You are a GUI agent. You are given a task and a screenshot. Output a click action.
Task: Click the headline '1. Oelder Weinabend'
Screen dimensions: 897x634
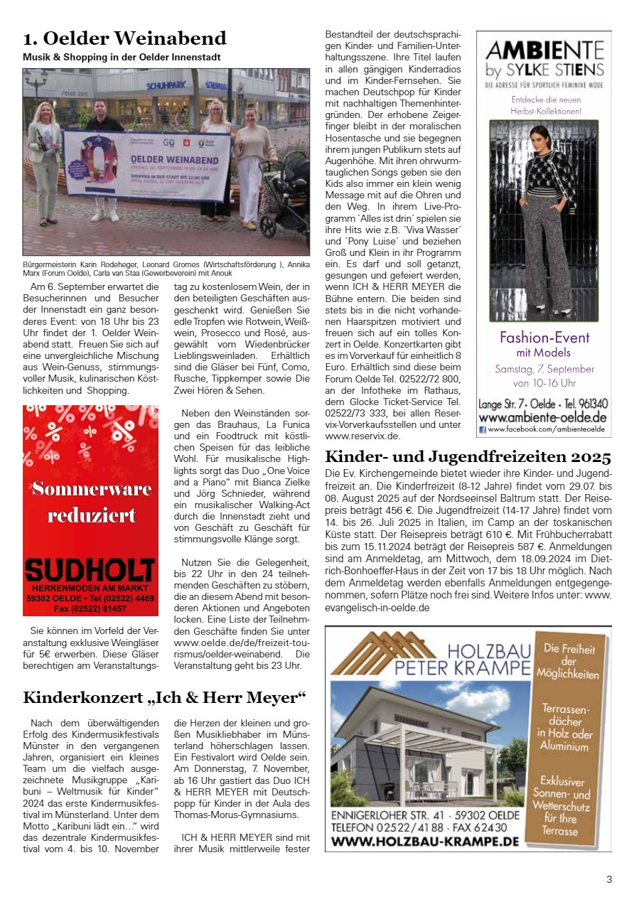[124, 38]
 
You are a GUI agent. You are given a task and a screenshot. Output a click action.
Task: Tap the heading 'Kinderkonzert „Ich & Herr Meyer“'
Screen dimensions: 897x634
[164, 696]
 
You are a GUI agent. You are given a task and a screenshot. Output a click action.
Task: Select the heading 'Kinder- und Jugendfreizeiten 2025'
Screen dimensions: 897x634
[468, 456]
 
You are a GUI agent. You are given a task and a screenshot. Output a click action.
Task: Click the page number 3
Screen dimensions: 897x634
[609, 879]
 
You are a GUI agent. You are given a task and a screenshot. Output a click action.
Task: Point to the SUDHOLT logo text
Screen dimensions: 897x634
[90, 569]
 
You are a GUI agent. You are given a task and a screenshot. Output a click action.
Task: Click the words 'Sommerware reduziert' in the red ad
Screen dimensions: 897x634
[91, 501]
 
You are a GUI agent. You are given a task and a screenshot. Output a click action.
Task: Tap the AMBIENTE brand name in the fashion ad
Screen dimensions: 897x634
[544, 50]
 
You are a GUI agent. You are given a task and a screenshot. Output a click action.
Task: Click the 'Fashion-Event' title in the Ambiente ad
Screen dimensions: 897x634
[544, 337]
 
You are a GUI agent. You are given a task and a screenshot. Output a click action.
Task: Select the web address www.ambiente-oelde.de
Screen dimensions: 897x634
[543, 417]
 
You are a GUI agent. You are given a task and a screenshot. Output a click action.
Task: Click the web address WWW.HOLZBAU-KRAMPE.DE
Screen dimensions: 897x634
[425, 842]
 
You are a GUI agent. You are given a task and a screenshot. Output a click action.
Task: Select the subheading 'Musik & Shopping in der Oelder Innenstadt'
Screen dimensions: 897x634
[122, 57]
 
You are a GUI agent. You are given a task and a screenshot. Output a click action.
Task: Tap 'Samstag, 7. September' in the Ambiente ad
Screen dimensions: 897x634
[544, 369]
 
